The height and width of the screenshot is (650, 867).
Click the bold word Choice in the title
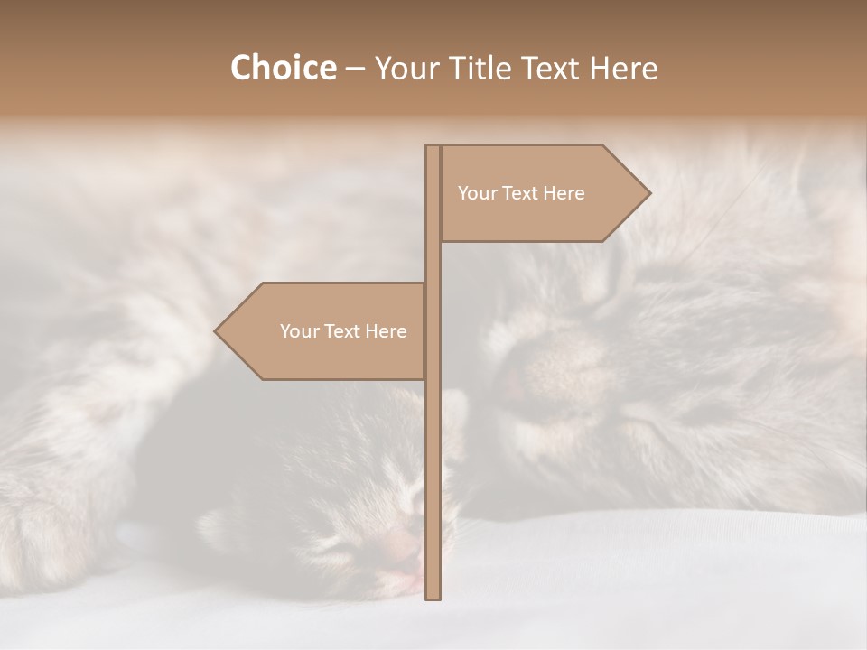(283, 68)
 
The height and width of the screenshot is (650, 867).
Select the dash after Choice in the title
(355, 69)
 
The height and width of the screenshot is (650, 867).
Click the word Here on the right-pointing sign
(564, 193)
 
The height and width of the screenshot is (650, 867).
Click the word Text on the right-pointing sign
(520, 193)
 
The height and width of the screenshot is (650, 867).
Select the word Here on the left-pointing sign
(386, 331)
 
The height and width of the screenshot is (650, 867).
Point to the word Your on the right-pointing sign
(477, 193)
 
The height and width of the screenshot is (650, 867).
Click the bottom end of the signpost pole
(433, 596)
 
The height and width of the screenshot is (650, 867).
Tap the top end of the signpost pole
(433, 147)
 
